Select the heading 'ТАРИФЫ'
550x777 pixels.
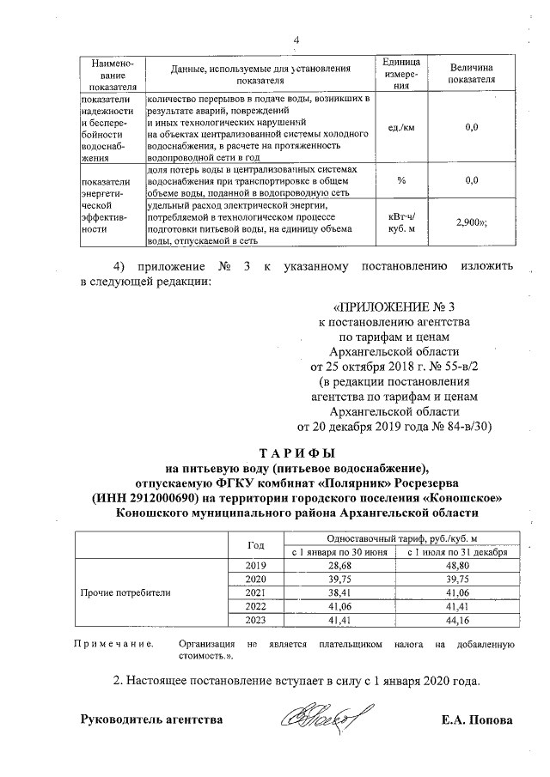pyautogui.click(x=296, y=453)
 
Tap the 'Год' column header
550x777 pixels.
pyautogui.click(x=256, y=544)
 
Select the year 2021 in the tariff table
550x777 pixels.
pyautogui.click(x=256, y=592)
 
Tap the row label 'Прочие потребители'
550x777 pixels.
pyautogui.click(x=125, y=592)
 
